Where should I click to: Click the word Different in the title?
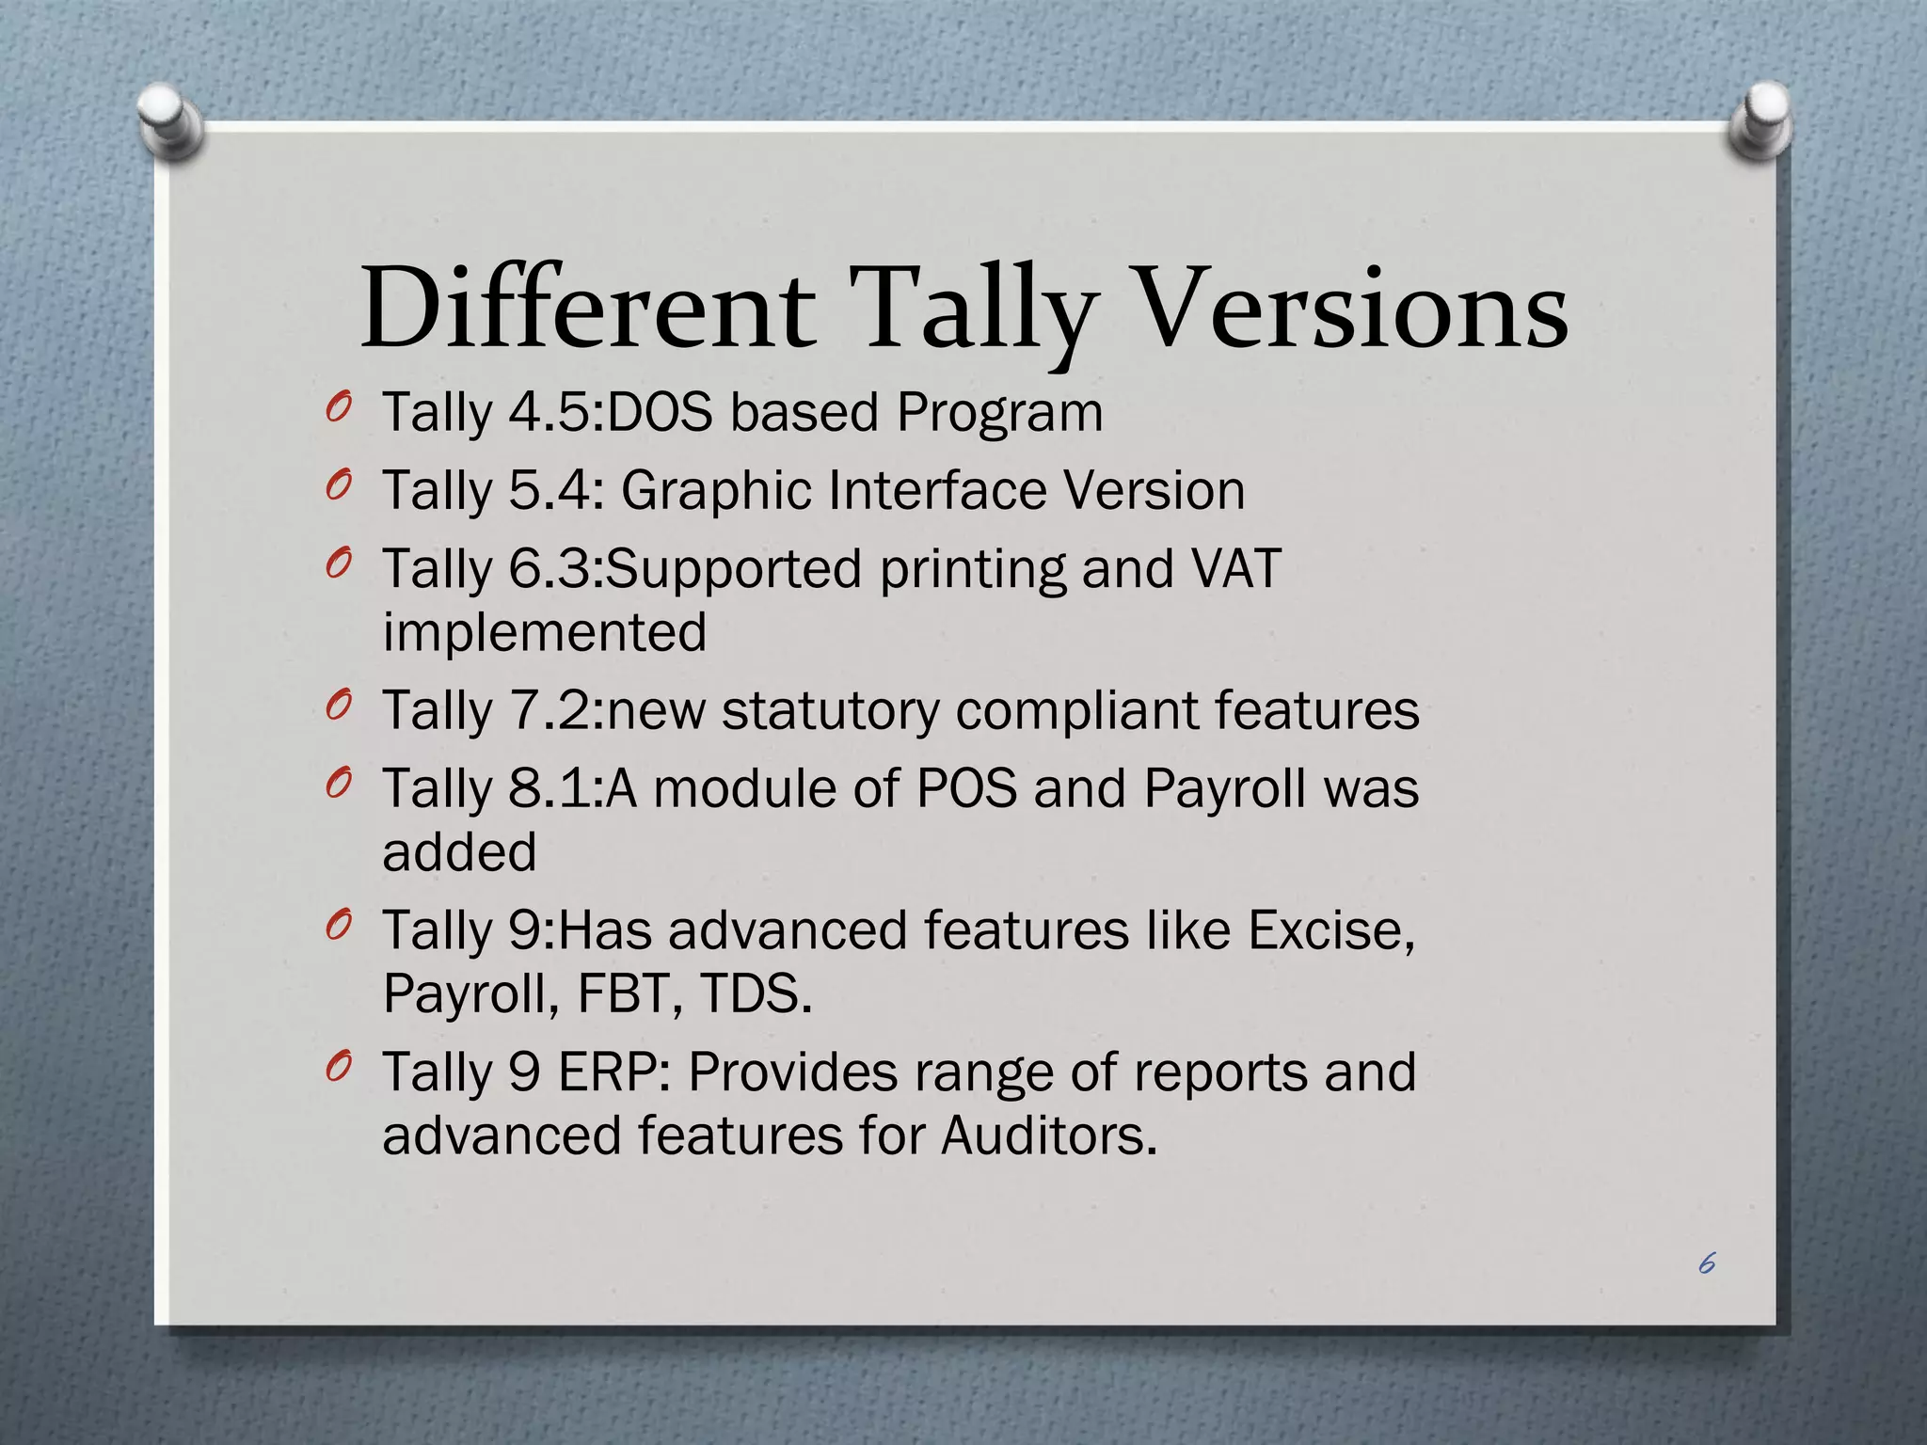(x=587, y=309)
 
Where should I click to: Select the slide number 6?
(x=1707, y=1263)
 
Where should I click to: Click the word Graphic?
(x=714, y=492)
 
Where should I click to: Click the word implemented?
(x=545, y=632)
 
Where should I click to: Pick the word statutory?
(x=830, y=710)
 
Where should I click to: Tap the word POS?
(x=966, y=788)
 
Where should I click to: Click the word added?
(x=459, y=852)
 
